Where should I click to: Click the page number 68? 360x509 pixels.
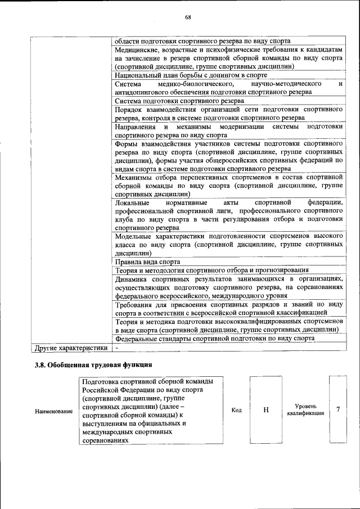[x=188, y=16]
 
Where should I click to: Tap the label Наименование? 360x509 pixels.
[x=54, y=412]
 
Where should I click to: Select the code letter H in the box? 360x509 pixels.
[x=265, y=410]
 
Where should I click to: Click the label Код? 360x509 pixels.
[x=237, y=410]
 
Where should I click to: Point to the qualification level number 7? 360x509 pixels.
[x=338, y=409]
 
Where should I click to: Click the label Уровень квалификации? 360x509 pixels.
[x=305, y=409]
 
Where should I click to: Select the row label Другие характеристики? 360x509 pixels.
[x=71, y=348]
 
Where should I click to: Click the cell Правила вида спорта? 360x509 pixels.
[x=147, y=262]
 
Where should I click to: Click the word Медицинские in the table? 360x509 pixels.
[x=135, y=49]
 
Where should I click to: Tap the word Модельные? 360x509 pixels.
[x=134, y=236]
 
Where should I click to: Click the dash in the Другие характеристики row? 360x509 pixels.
[x=116, y=348]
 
